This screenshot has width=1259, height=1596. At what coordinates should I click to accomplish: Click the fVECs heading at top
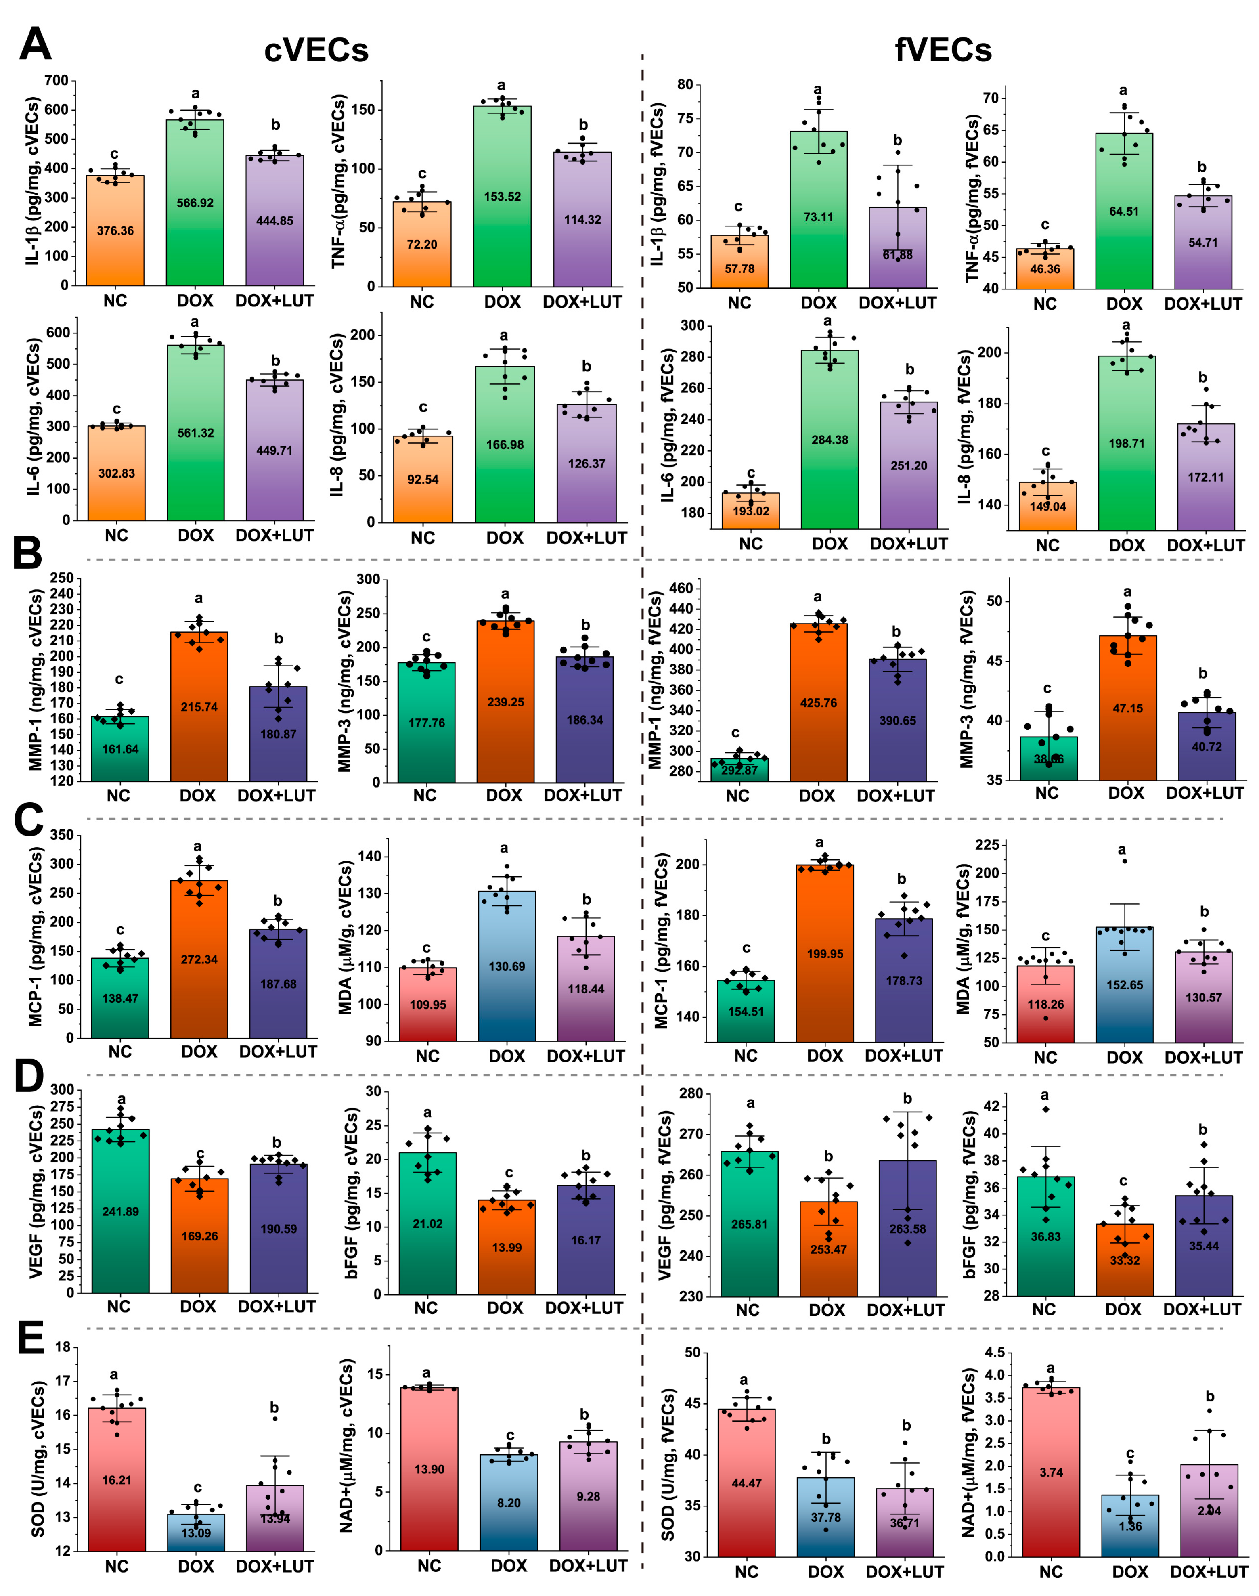pos(943,50)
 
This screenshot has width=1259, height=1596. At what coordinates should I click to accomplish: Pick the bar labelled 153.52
pos(502,197)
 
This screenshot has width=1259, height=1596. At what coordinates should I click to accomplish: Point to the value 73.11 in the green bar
pos(818,217)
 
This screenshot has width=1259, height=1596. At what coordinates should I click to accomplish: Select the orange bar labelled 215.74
pos(199,706)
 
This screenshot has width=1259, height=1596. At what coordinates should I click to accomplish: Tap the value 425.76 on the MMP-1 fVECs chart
pos(818,702)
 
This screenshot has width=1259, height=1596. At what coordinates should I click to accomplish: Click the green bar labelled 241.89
pos(120,1211)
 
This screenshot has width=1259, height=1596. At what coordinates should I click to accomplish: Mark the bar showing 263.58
pos(907,1229)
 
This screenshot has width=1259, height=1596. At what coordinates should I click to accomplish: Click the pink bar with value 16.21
pos(117,1479)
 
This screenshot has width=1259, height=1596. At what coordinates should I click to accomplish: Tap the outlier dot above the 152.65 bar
pos(1124,861)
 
